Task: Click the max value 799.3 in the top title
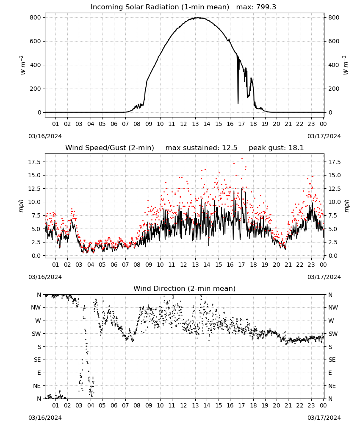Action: pyautogui.click(x=266, y=7)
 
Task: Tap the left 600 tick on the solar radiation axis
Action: pyautogui.click(x=36, y=42)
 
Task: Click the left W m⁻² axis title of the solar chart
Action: pyautogui.click(x=23, y=65)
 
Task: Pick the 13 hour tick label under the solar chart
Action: pyautogui.click(x=195, y=124)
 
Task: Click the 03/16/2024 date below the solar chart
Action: pyautogui.click(x=45, y=136)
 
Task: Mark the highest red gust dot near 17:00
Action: pyautogui.click(x=242, y=159)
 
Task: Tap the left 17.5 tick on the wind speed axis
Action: pyautogui.click(x=35, y=162)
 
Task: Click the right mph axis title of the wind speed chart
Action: pyautogui.click(x=346, y=206)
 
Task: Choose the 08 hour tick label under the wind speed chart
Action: pyautogui.click(x=137, y=265)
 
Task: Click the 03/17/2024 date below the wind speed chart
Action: pyautogui.click(x=324, y=277)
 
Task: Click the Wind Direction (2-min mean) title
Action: pyautogui.click(x=185, y=288)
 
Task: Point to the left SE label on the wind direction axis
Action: pyautogui.click(x=37, y=360)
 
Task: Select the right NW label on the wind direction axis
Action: pyautogui.click(x=333, y=308)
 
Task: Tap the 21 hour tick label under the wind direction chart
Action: pyautogui.click(x=288, y=406)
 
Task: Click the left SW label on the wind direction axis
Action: pyautogui.click(x=36, y=334)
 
